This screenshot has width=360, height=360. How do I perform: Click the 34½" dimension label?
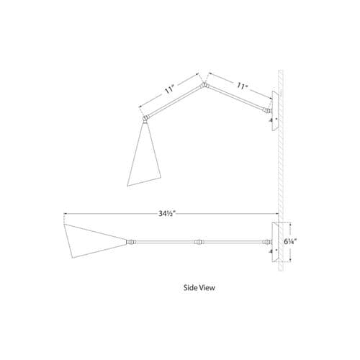pyautogui.click(x=167, y=213)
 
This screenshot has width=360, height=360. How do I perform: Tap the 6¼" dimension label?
pyautogui.click(x=291, y=242)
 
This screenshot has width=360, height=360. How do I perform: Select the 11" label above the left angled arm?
pyautogui.click(x=169, y=90)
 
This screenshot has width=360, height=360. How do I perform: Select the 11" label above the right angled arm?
pyautogui.click(x=242, y=86)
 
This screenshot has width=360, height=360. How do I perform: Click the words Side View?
pyautogui.click(x=199, y=287)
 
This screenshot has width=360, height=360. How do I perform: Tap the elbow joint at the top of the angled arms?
pyautogui.click(x=204, y=85)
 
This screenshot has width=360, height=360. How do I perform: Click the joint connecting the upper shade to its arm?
pyautogui.click(x=145, y=118)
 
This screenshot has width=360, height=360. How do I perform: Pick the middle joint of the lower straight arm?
pyautogui.click(x=199, y=242)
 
